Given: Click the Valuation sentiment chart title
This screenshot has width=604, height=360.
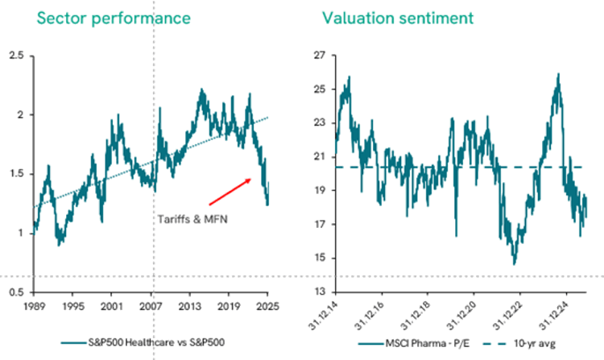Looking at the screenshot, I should point(387,17).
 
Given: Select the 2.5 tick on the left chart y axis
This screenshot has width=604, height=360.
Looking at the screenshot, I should point(16,56).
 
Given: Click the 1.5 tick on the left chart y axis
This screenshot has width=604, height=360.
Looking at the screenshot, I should point(16,174).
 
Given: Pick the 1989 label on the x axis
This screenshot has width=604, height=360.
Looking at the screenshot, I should point(34,307).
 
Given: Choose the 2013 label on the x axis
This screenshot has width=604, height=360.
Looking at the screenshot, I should point(189,307).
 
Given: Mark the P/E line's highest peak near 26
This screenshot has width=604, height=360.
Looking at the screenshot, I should point(557,75).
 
